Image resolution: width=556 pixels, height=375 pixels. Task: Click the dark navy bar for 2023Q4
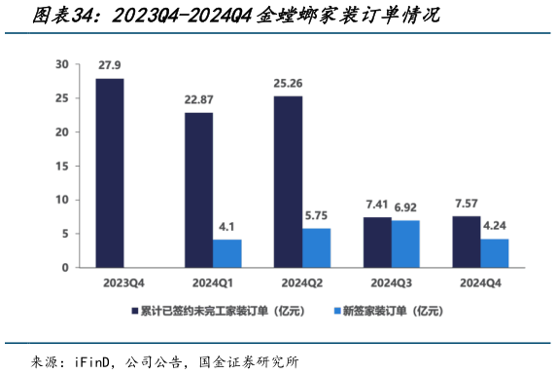coord(109,172)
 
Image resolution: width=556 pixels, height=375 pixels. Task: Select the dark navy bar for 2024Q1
coord(198,190)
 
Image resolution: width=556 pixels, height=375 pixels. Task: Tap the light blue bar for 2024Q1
coord(227,253)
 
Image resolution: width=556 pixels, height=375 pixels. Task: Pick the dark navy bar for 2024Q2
coord(288,181)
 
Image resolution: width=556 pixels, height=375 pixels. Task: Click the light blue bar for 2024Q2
coord(317,247)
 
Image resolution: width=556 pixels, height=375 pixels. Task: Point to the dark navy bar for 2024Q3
coord(376,242)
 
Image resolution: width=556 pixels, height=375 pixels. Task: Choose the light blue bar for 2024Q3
coord(405,244)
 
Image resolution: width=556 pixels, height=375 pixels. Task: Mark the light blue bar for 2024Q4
coord(494,252)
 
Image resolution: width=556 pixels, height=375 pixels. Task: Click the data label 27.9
coord(109,65)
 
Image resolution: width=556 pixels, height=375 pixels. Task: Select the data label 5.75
coord(317,214)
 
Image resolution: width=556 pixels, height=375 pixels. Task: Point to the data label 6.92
coord(406,206)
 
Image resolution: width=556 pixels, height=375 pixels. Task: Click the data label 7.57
coord(466,203)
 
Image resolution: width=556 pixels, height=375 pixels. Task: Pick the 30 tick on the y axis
coord(62,64)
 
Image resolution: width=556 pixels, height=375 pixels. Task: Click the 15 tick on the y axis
coord(62,166)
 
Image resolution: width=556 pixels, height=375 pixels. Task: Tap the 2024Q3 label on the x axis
coord(392,281)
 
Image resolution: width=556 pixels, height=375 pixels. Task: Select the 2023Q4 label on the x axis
coord(122,281)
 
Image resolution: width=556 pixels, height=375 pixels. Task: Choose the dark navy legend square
coord(135,311)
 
